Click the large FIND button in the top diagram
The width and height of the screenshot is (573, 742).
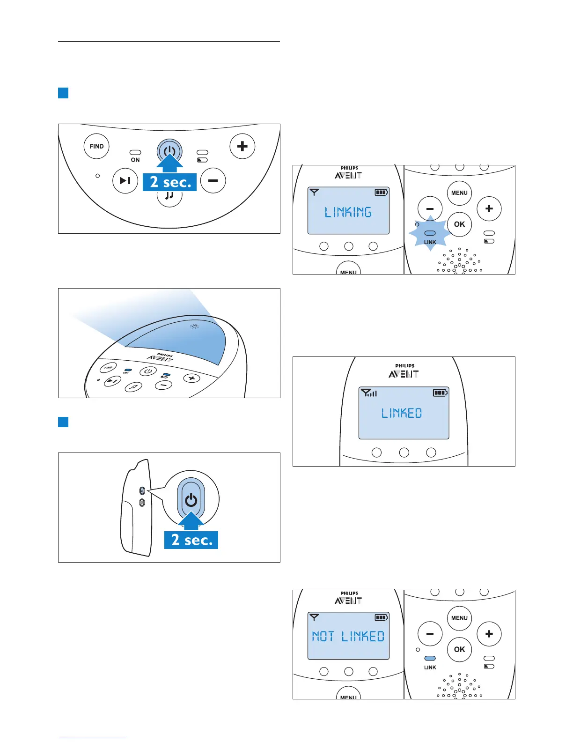tap(96, 146)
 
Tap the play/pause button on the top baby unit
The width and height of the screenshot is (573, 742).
tap(125, 180)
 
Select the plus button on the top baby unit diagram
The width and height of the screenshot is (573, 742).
tap(242, 146)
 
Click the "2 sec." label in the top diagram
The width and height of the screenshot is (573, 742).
tap(170, 182)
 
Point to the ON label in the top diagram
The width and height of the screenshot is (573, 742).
tap(135, 160)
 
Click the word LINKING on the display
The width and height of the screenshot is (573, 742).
tap(348, 212)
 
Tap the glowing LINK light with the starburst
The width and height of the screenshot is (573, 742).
tap(430, 233)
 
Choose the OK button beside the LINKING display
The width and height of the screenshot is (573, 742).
tap(459, 224)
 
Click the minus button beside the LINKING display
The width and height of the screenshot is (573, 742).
tap(430, 209)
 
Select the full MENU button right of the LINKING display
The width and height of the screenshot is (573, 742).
tap(459, 193)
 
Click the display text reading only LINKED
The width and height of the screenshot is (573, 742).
tap(402, 413)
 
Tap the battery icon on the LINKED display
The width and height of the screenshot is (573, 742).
tap(441, 393)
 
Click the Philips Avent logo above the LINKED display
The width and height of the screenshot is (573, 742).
tap(404, 371)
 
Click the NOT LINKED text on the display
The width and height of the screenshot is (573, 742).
tap(348, 636)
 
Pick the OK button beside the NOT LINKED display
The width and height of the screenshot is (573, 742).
tap(459, 649)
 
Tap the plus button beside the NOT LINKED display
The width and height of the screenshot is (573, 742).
tap(489, 634)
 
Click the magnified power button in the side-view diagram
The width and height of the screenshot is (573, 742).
tap(191, 500)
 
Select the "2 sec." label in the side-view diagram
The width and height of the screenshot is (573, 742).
tap(191, 540)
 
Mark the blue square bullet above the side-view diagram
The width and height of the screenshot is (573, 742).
tap(63, 422)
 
